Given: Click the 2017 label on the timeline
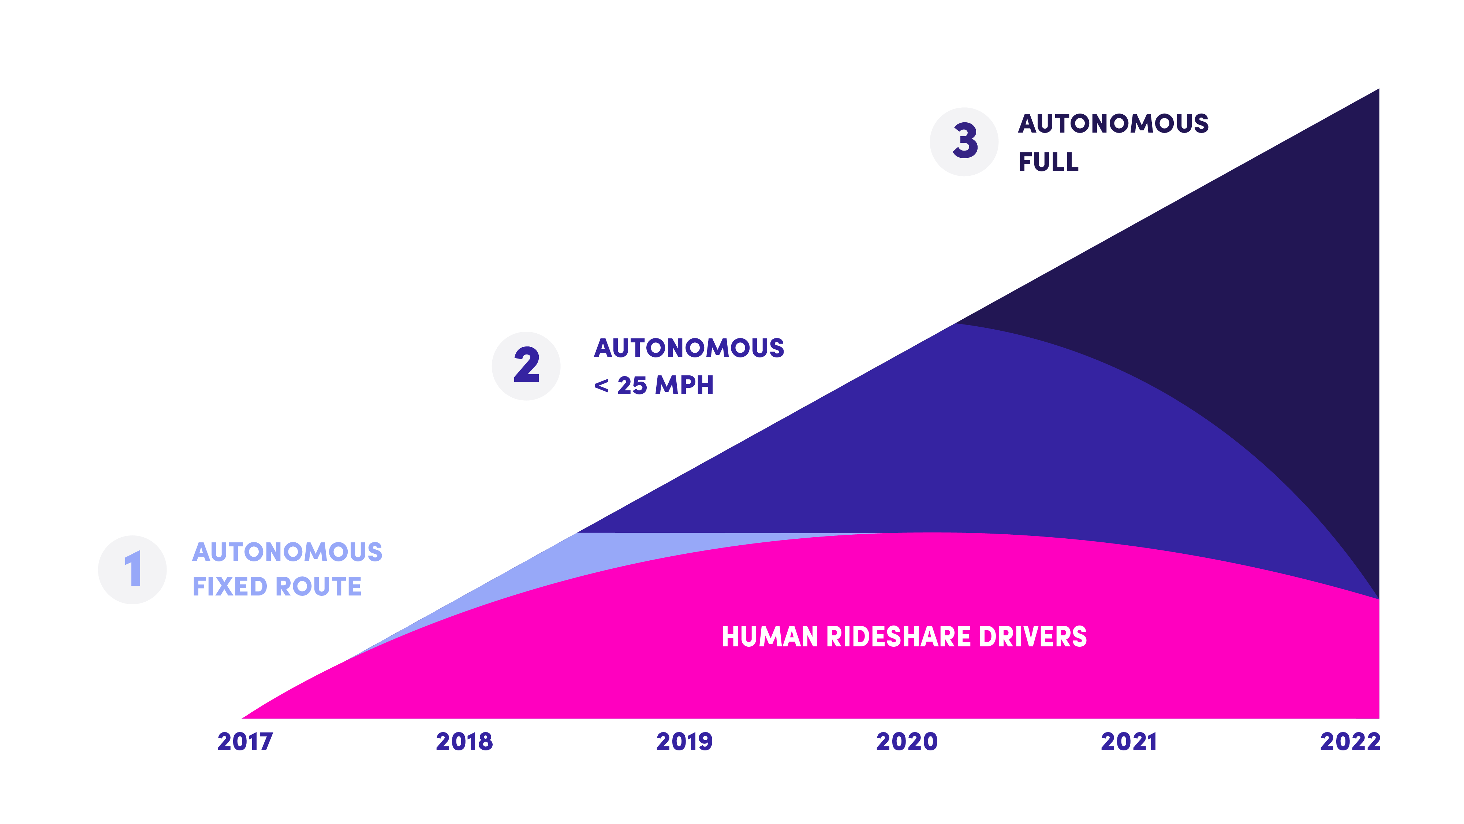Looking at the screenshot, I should pyautogui.click(x=245, y=742).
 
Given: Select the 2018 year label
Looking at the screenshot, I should pyautogui.click(x=464, y=742).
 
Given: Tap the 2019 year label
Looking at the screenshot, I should pyautogui.click(x=684, y=742).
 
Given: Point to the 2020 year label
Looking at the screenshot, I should pyautogui.click(x=907, y=742).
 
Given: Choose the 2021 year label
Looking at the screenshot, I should pyautogui.click(x=1129, y=742).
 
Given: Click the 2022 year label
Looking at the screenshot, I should pyautogui.click(x=1350, y=742).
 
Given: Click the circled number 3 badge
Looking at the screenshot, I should pyautogui.click(x=964, y=142).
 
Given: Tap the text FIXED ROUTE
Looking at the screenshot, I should pyautogui.click(x=277, y=586).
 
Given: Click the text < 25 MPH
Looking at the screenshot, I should pyautogui.click(x=654, y=386).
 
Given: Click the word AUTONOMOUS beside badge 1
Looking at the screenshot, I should pyautogui.click(x=287, y=552).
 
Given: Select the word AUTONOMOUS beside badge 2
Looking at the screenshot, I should pyautogui.click(x=689, y=348).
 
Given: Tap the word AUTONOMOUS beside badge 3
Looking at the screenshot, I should pyautogui.click(x=1113, y=123).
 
